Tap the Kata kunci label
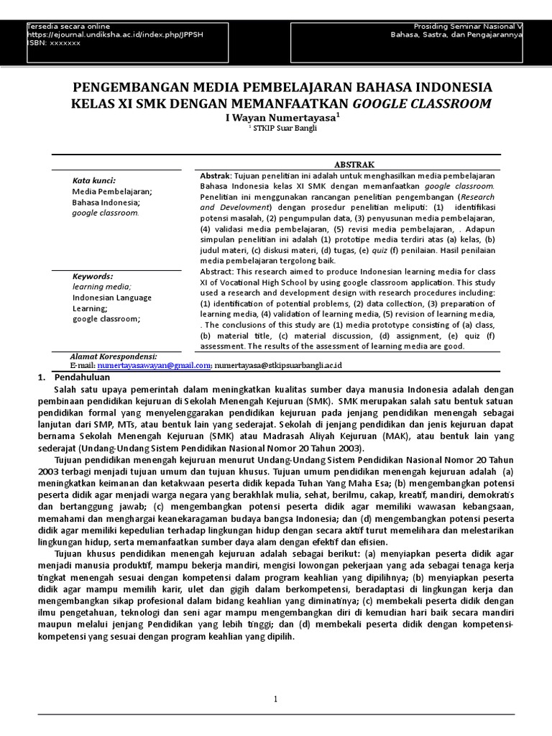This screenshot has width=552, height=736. [x=94, y=180]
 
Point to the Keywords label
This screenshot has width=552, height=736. [x=93, y=276]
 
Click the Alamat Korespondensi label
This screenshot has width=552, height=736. [x=113, y=356]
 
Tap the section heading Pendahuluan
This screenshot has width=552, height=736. [x=83, y=377]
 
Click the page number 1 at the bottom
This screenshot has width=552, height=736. [x=275, y=699]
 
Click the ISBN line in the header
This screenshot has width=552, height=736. [x=54, y=43]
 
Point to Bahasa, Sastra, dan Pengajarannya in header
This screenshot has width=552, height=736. [x=456, y=34]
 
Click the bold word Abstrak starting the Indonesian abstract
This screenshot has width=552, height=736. [x=214, y=175]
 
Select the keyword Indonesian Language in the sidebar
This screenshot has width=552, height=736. [x=111, y=298]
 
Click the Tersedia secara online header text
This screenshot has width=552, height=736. [x=64, y=26]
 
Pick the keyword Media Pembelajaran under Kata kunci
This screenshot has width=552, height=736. [x=111, y=192]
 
